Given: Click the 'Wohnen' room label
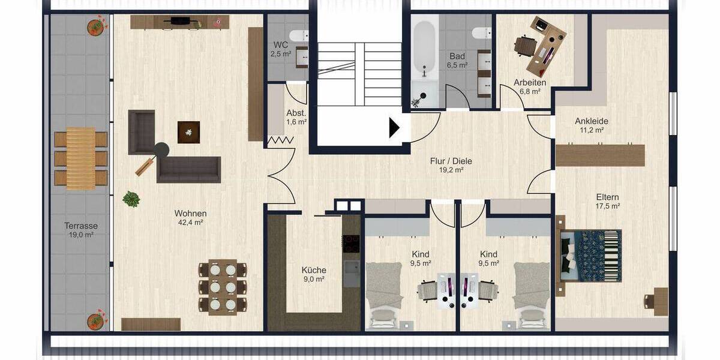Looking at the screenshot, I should point(190,214).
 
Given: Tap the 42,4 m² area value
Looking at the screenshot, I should point(190,223).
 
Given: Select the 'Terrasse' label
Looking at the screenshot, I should point(81,226).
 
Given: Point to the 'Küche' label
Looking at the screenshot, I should point(314,270).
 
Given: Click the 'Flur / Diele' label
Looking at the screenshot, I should point(451,161).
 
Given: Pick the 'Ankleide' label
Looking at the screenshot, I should point(591,121).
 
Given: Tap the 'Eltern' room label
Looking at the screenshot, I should point(607,197).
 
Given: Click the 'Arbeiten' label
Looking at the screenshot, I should point(529,82).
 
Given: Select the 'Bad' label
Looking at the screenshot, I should point(457,56).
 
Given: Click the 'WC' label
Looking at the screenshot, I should point(281,45).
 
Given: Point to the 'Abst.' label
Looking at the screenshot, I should point(296,113).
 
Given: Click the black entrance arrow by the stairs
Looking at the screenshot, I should point(394,128).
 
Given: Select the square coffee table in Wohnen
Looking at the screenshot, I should point(188,132).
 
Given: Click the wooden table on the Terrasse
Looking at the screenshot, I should point(80,158).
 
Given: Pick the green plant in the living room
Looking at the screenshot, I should point(131,199).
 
